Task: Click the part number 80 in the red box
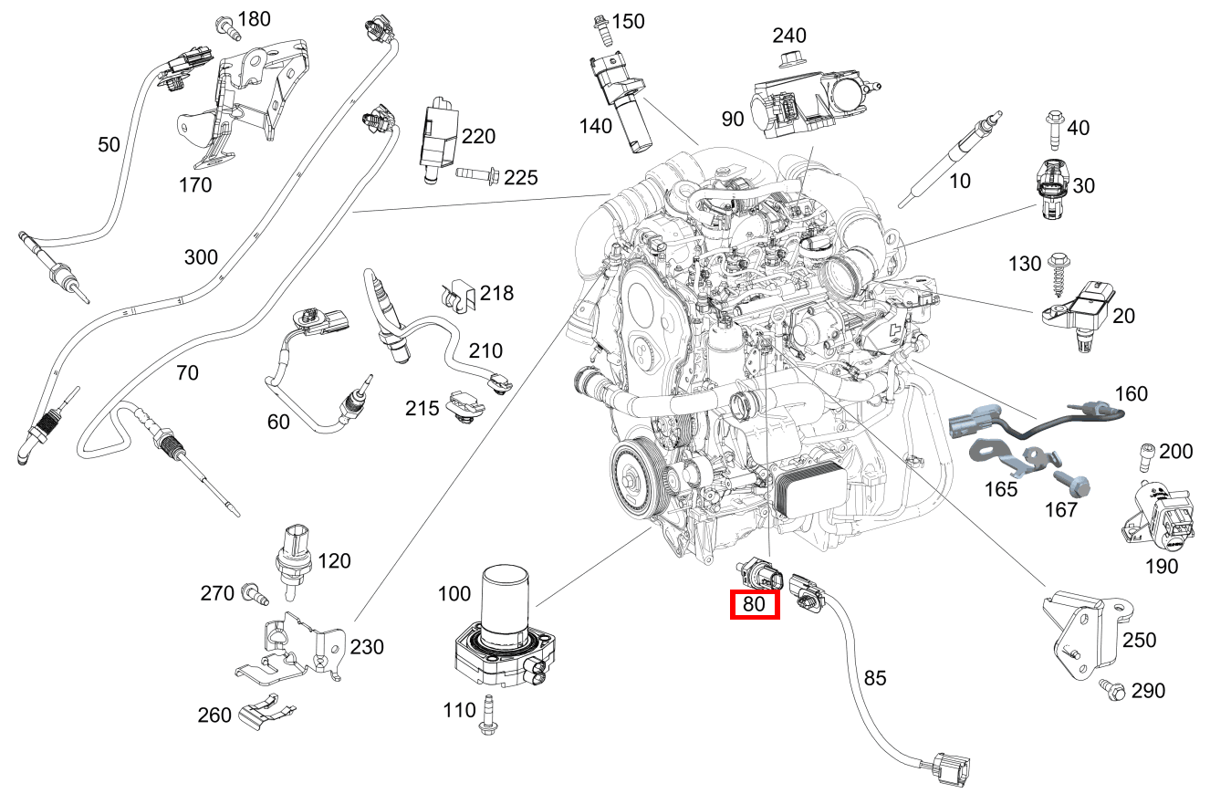[x=754, y=604]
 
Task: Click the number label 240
[x=789, y=36]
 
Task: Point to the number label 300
[x=200, y=257]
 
